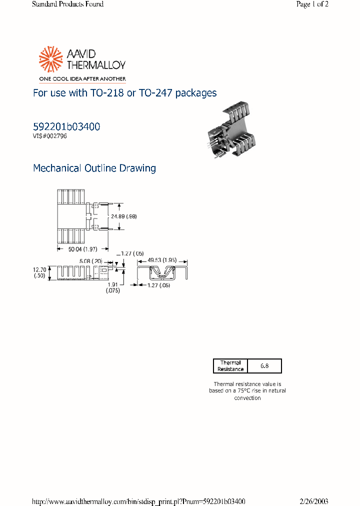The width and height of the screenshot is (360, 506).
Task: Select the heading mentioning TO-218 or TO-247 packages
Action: click(124, 93)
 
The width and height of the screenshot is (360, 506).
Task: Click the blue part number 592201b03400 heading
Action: click(66, 127)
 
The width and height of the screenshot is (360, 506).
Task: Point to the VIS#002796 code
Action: click(50, 136)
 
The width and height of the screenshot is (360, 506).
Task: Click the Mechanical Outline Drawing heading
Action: click(94, 168)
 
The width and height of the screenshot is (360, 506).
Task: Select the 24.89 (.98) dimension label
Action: click(124, 216)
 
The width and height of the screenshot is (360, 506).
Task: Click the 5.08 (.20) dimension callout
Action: click(90, 261)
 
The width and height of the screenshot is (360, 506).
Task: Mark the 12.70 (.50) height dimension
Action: click(40, 272)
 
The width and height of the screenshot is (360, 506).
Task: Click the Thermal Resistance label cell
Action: click(230, 365)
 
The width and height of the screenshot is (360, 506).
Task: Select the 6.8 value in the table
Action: click(264, 365)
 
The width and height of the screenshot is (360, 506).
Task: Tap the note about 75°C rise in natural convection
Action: click(247, 390)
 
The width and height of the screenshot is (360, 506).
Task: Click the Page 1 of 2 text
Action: click(312, 4)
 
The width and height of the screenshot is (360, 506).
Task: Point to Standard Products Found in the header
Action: click(67, 4)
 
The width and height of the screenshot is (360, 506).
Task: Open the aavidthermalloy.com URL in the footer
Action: click(138, 501)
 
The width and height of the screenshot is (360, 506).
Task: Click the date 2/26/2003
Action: click(313, 501)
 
